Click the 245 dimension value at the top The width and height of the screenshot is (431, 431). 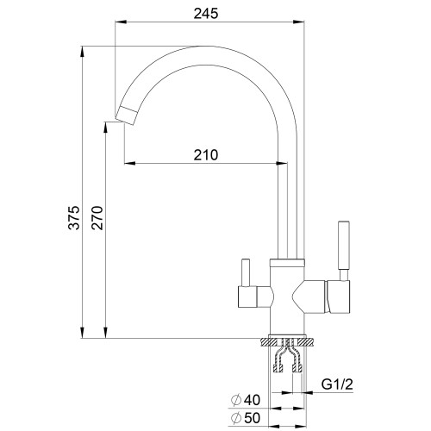pos(206,14)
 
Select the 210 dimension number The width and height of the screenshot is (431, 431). pos(206,155)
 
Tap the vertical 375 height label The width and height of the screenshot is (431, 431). pos(74,217)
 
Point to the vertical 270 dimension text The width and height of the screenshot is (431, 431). pos(97,217)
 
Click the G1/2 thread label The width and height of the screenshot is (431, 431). pos(337,384)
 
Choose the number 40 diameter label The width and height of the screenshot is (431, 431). pos(252,400)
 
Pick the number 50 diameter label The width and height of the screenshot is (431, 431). pos(252,418)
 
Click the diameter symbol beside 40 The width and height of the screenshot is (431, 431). pos(236,400)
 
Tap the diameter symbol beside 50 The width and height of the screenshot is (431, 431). pos(236,418)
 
